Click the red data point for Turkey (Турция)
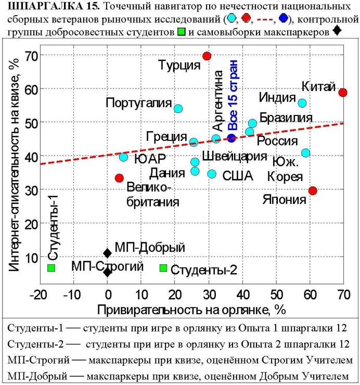[207, 56]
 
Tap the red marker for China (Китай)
[343, 92]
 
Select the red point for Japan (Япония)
[313, 191]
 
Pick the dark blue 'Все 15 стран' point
[232, 138]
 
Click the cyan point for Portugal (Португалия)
[178, 109]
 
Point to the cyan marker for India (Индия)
[302, 103]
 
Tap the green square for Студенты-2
[163, 267]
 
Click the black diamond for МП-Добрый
[107, 253]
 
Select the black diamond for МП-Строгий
[107, 272]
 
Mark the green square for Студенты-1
[51, 267]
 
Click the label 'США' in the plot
[237, 176]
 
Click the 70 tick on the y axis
[29, 55]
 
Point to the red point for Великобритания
[119, 178]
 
